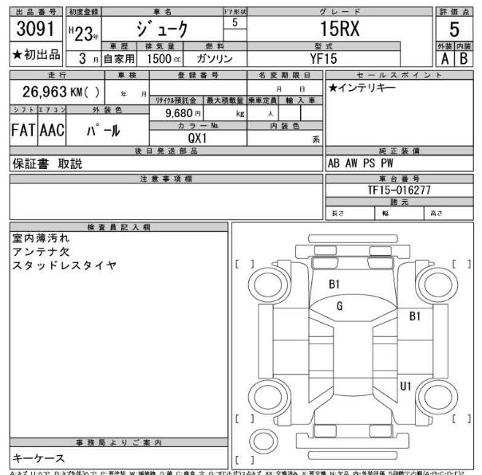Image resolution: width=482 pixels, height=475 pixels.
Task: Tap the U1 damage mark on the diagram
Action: (405, 387)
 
